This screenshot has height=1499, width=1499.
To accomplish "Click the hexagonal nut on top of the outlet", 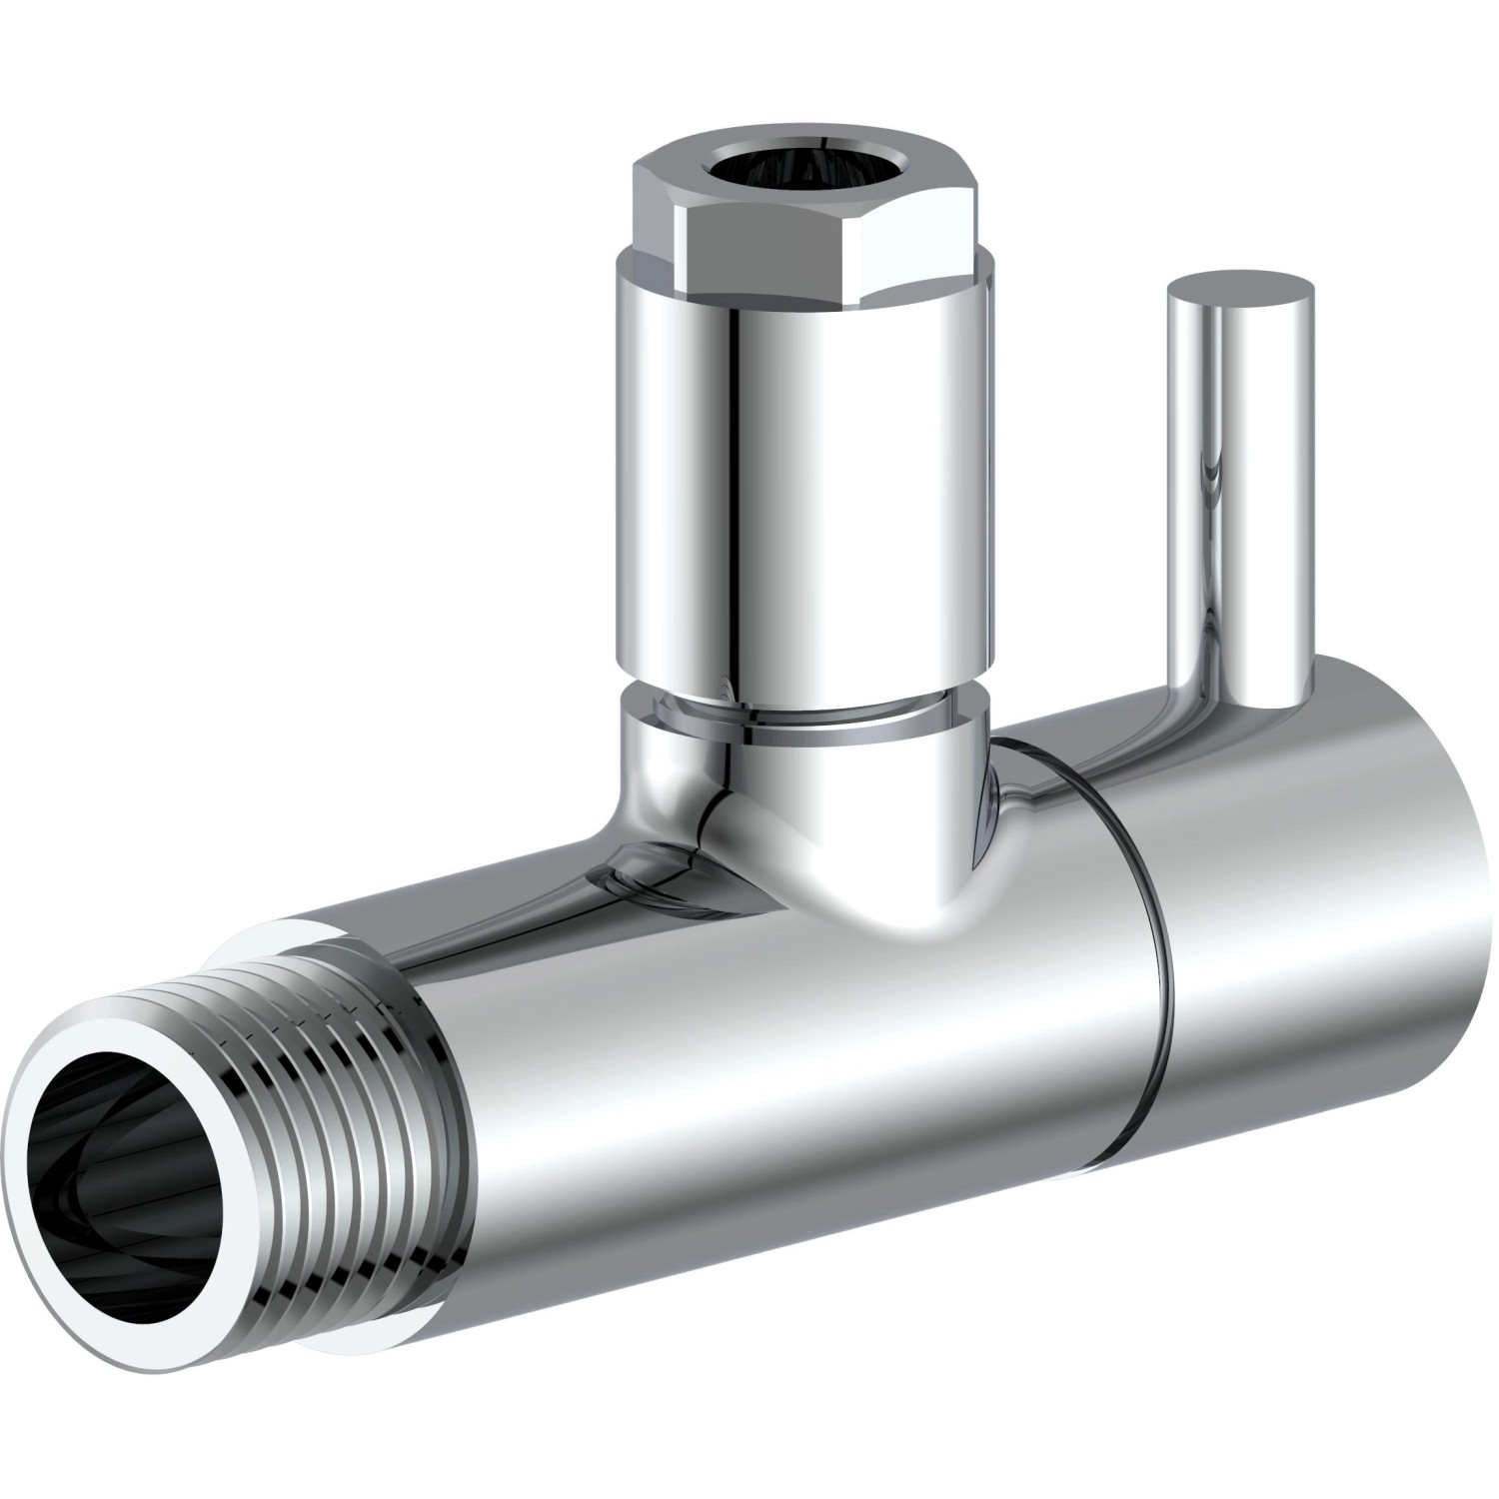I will tap(813, 215).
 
